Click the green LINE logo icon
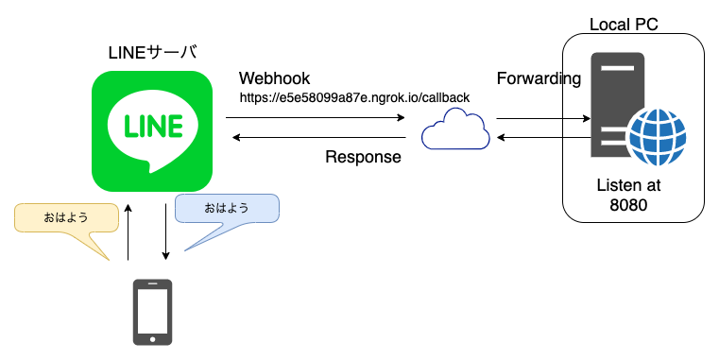(x=152, y=131)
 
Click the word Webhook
(x=274, y=77)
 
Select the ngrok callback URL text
(x=354, y=97)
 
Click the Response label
(x=363, y=157)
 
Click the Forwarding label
(x=539, y=78)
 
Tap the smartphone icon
(x=152, y=312)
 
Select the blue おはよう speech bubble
(x=227, y=209)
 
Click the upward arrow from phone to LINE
(x=128, y=231)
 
